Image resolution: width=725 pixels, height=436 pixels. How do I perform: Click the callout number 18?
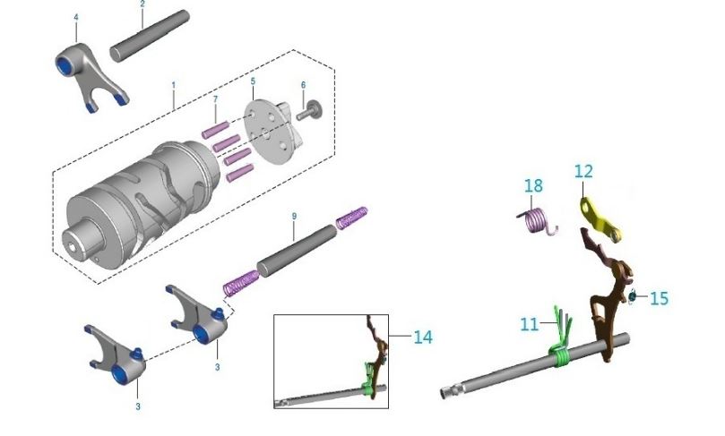tap(533, 185)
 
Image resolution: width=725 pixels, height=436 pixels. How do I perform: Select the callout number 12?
tap(583, 171)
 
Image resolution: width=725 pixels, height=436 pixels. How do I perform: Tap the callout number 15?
tap(659, 298)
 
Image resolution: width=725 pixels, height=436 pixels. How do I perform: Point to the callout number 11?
tap(530, 324)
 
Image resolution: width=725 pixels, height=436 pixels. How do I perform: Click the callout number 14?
tap(423, 338)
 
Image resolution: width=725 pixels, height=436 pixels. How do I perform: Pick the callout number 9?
tap(294, 216)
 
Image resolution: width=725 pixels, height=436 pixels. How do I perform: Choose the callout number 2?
tap(142, 4)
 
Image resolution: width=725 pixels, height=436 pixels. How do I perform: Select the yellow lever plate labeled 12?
tap(600, 219)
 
